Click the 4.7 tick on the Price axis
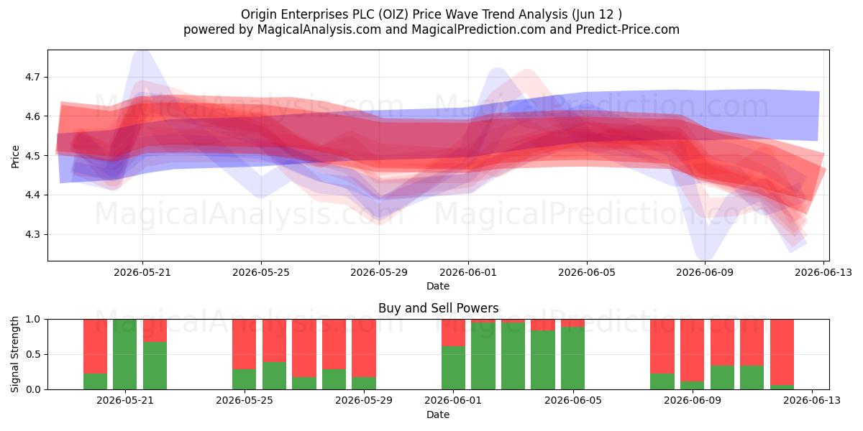coord(32,78)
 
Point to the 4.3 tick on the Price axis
coord(32,234)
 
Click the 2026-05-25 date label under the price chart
coord(261,272)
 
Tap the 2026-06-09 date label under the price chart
coord(705,272)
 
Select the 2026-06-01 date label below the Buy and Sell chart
coord(453,401)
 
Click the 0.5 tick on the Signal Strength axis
coord(33,354)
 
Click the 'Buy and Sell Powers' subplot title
coord(439,308)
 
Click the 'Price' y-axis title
coord(15,157)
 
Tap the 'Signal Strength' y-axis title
coord(14,354)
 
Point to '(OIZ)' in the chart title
coord(393,14)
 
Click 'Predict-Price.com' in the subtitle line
coord(628,29)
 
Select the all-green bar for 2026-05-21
coord(125,354)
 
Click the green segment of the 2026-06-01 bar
coord(454,368)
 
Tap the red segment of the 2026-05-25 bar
coord(244,344)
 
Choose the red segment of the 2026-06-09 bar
coord(692,351)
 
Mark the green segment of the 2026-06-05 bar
coord(572,358)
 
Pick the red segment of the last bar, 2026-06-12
coord(782,352)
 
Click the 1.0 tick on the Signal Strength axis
coord(33,319)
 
